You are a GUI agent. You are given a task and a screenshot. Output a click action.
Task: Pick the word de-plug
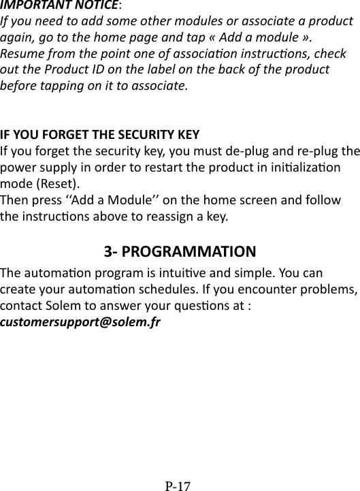coord(230,151)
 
